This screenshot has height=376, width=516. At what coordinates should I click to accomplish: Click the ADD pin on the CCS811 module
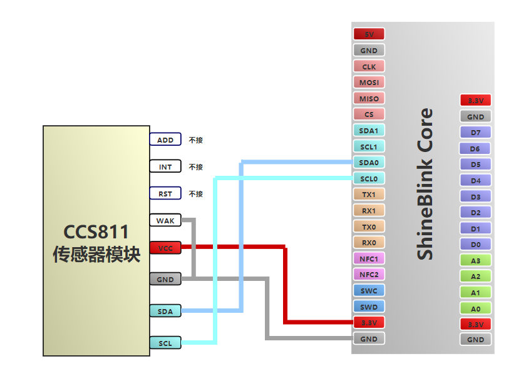[165, 140]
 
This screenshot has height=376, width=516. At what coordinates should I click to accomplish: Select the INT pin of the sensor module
[165, 166]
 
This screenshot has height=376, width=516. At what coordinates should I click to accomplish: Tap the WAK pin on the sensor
[165, 221]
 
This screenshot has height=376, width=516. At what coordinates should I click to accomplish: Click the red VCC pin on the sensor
[165, 248]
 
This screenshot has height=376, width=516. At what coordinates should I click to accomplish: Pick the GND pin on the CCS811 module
[165, 278]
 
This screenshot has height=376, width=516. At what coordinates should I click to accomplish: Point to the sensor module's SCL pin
[165, 343]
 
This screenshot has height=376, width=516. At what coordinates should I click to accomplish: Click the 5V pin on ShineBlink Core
[369, 34]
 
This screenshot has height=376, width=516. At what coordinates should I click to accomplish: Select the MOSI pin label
[369, 82]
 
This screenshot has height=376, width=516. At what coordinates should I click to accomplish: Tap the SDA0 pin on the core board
[369, 163]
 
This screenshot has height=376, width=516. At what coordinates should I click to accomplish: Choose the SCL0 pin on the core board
[369, 179]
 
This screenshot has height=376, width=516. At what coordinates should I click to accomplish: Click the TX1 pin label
[369, 195]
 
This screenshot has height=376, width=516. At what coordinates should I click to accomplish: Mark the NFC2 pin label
[369, 274]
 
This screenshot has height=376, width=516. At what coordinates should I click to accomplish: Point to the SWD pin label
[369, 307]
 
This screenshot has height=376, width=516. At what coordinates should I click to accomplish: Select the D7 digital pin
[475, 133]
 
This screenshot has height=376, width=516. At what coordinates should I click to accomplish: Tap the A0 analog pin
[475, 308]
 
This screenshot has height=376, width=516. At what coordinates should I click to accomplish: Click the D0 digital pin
[475, 245]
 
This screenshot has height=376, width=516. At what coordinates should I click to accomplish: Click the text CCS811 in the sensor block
[96, 232]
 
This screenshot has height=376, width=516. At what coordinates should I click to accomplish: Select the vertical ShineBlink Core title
[425, 184]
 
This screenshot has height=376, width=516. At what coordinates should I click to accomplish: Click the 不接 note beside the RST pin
[196, 194]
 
